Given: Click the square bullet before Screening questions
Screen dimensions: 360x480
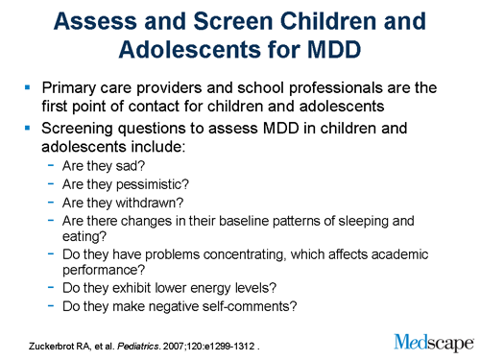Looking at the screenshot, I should [x=27, y=129].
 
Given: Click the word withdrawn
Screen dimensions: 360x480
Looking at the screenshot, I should [x=149, y=202].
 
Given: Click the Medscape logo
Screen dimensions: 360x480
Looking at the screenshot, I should [x=433, y=340].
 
